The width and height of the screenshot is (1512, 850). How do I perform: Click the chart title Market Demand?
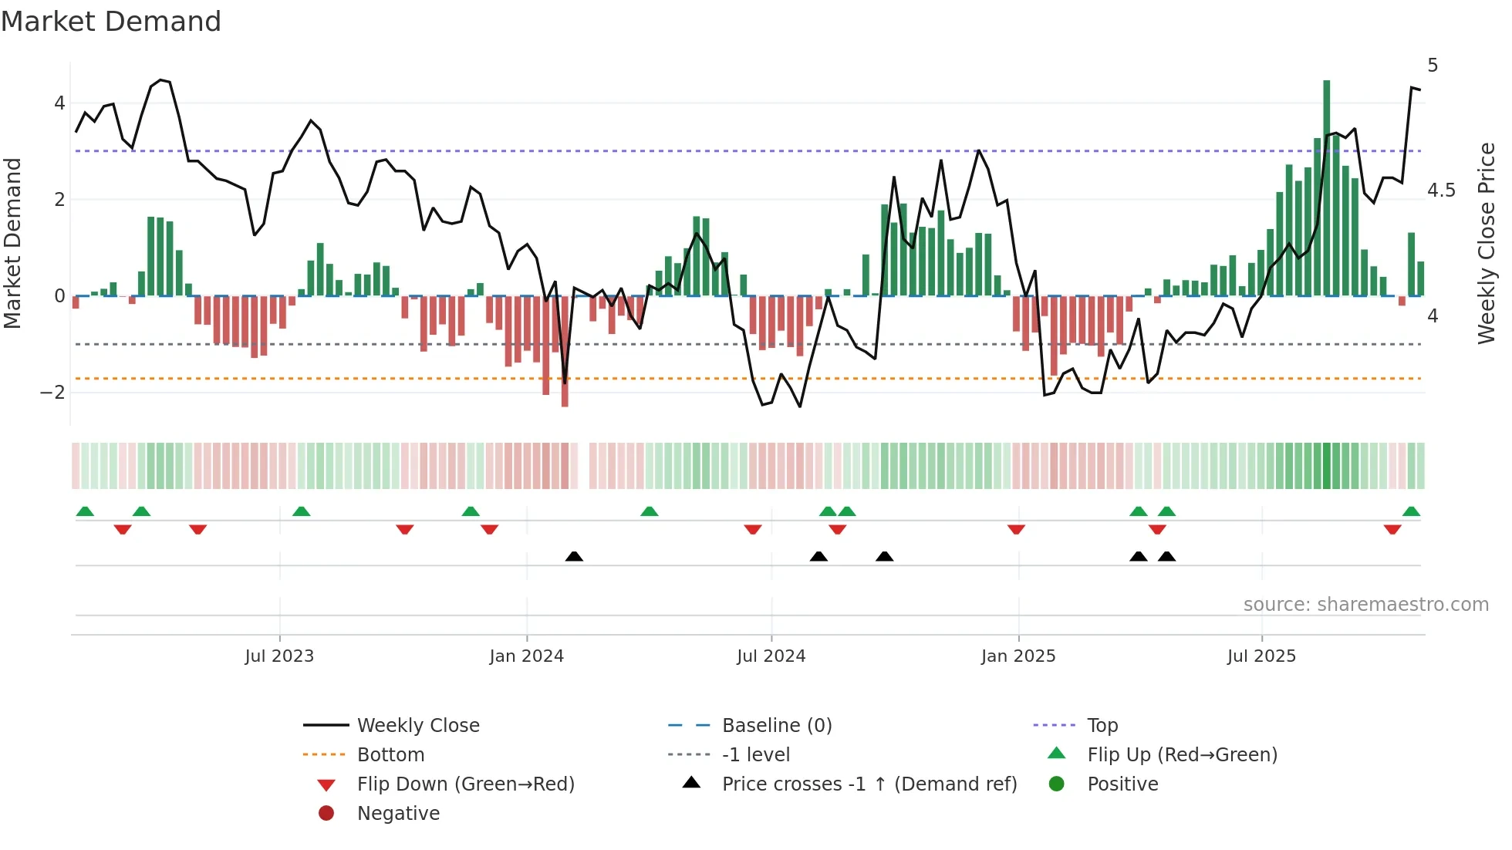[111, 22]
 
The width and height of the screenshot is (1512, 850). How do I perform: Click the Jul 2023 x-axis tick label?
[279, 656]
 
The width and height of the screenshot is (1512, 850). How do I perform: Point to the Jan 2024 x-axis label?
[526, 656]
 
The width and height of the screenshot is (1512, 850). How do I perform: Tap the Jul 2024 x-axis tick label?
[771, 656]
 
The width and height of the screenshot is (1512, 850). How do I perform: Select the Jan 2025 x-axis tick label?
[1018, 656]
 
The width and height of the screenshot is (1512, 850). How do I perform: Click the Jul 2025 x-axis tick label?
[1261, 656]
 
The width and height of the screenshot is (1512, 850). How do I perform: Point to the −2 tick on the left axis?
[52, 393]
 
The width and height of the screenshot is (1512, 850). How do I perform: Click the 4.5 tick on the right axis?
[1441, 191]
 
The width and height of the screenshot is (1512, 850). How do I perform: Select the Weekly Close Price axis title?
[1486, 243]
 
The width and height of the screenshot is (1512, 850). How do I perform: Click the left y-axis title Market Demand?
[13, 243]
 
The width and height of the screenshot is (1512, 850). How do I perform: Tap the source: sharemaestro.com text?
[1365, 605]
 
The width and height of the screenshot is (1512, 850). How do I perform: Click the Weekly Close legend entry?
[417, 726]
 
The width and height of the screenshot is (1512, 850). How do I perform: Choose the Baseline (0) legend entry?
[776, 726]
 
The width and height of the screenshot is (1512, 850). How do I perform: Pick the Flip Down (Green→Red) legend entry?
[465, 784]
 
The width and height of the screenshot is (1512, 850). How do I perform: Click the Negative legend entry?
[398, 814]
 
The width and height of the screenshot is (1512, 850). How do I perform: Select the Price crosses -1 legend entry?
[869, 784]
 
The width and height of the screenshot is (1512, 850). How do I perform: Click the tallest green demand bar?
[1326, 185]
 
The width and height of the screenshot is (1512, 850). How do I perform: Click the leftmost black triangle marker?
[574, 556]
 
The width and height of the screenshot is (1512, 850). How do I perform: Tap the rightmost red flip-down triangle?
[1392, 530]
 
